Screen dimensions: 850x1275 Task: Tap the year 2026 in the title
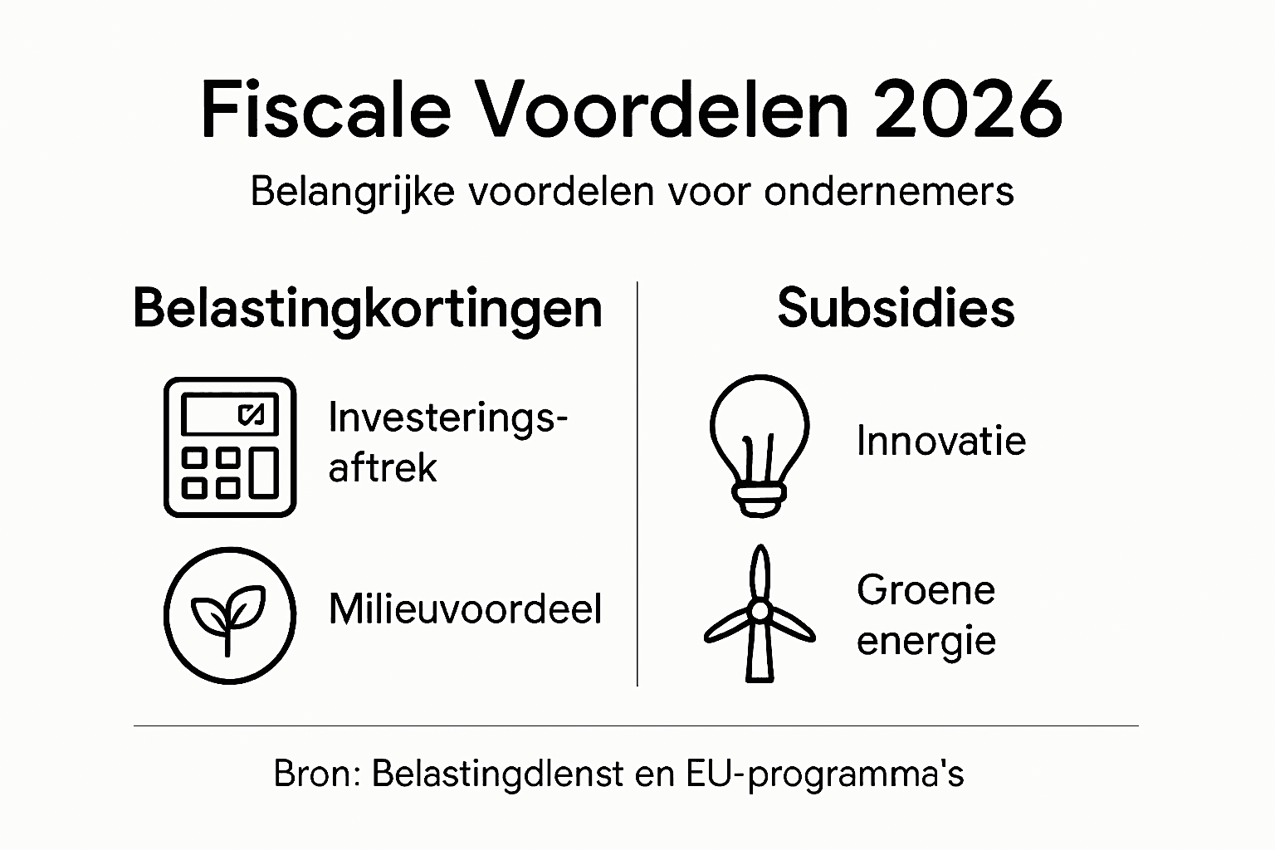point(968,110)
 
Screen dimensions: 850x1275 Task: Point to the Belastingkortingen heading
point(368,309)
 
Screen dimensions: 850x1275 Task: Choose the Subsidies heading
point(896,309)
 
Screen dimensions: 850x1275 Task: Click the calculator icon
point(230,447)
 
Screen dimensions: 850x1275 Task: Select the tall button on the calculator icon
point(264,472)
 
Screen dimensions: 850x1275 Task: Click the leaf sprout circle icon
point(230,615)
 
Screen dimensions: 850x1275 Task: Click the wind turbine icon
point(759,614)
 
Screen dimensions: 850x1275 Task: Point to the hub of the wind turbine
point(759,611)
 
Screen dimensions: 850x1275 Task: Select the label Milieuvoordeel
point(465,609)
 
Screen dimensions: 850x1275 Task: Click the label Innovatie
point(941,441)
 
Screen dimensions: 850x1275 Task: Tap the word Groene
point(926,590)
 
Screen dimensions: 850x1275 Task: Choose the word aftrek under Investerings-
point(382,468)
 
